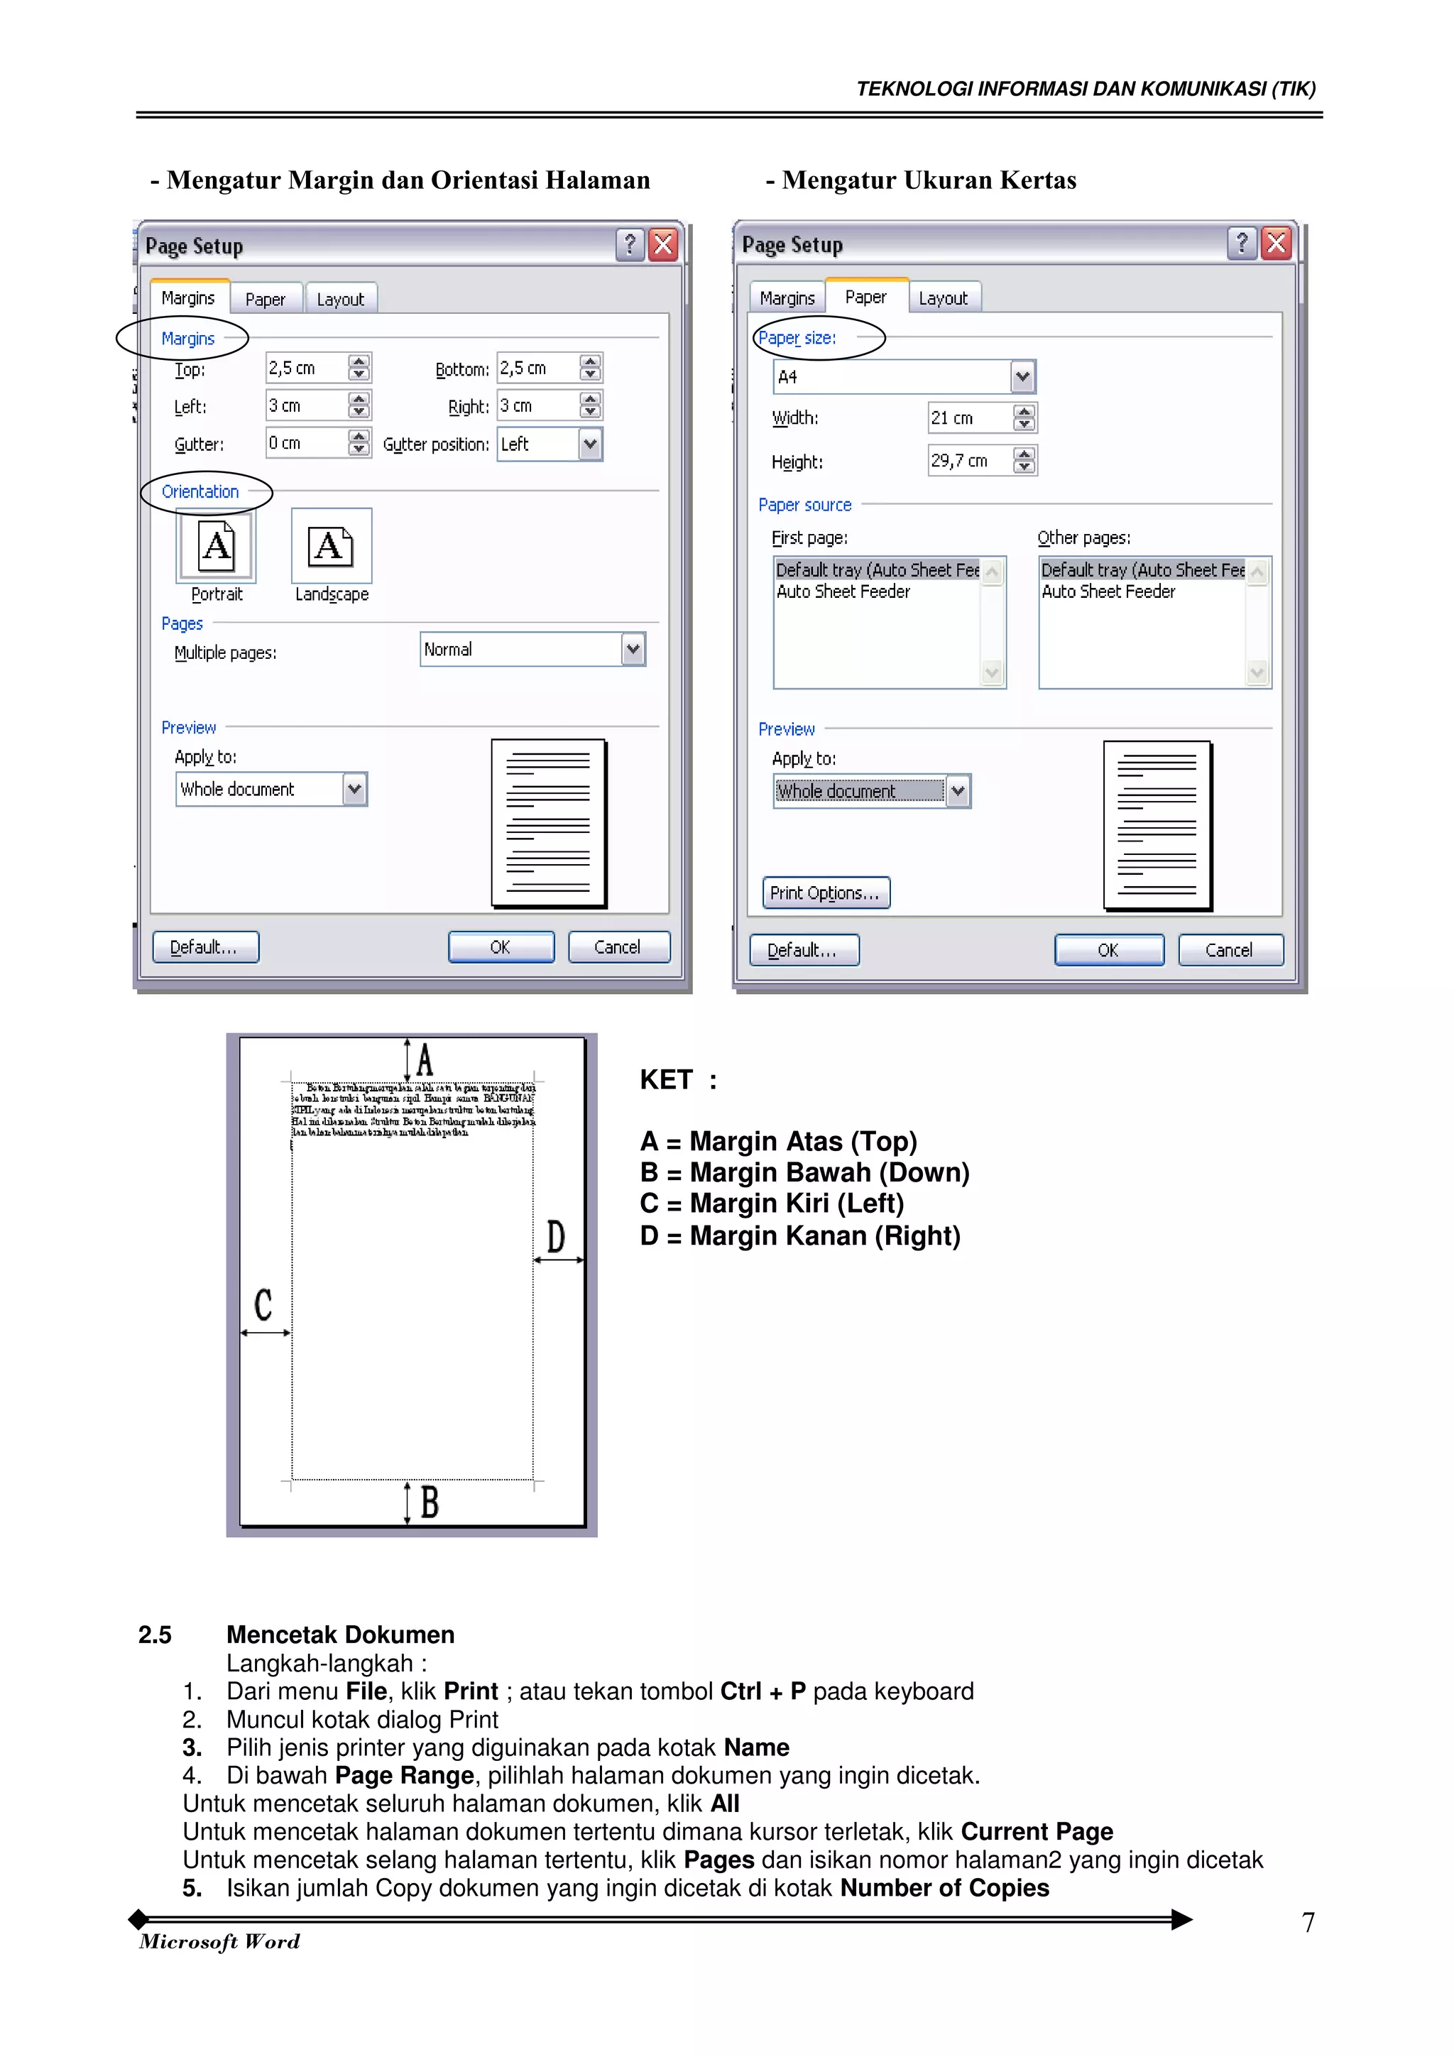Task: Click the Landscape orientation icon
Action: coord(331,545)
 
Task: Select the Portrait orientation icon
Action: coord(216,545)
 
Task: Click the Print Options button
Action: coord(825,893)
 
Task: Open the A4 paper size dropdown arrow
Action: coord(1022,377)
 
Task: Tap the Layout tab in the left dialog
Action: coord(341,299)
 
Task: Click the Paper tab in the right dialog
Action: coord(865,297)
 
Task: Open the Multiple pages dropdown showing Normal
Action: coord(633,650)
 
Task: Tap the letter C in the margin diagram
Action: coord(263,1304)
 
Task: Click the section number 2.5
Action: coord(155,1635)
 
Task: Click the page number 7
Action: coord(1308,1923)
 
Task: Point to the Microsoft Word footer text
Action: coord(219,1941)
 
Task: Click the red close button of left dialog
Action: coord(663,244)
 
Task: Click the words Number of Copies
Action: coord(944,1888)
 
